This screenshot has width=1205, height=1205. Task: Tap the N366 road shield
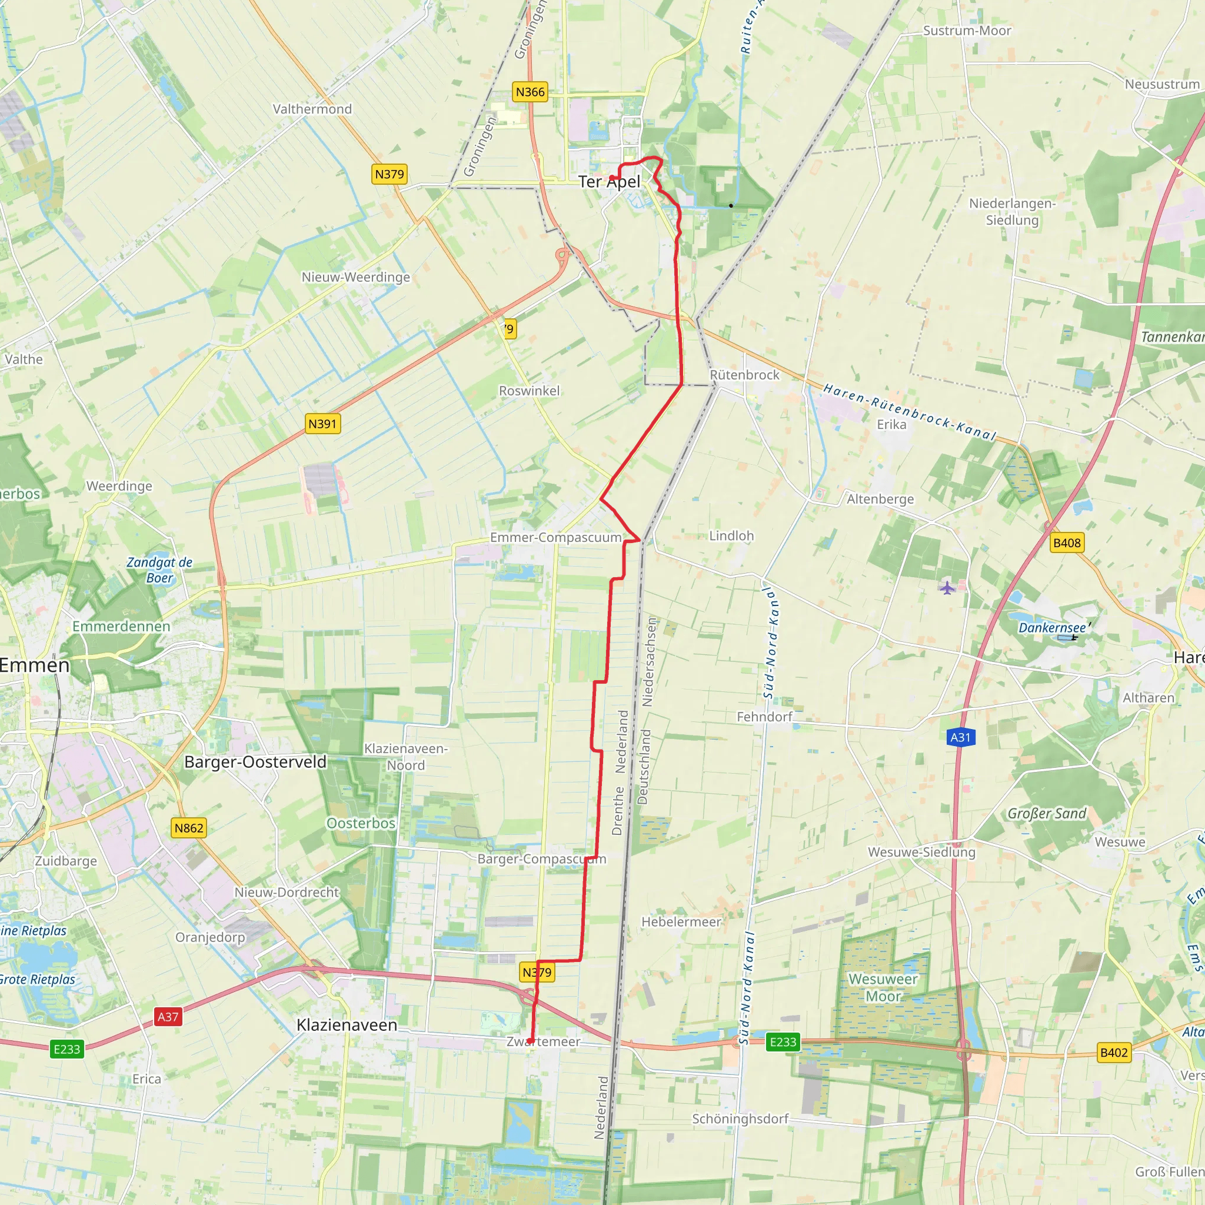click(x=530, y=92)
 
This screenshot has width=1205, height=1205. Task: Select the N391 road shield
click(x=322, y=424)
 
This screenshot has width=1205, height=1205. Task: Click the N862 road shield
click(x=188, y=828)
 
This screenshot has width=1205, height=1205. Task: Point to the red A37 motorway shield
click(x=168, y=1017)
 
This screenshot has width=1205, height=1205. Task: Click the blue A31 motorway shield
click(x=960, y=738)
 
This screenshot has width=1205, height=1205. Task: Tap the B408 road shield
click(x=1067, y=542)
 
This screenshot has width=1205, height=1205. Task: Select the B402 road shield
click(x=1114, y=1053)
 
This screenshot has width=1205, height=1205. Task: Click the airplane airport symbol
click(x=947, y=588)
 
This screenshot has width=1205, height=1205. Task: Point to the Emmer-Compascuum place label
click(x=555, y=538)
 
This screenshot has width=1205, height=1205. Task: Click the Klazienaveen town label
click(x=347, y=1026)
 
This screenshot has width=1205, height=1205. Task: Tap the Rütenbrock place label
click(x=745, y=375)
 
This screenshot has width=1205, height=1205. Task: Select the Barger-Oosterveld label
click(x=255, y=762)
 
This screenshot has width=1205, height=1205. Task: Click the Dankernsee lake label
click(x=1053, y=627)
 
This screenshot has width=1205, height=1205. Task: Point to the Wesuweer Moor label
click(x=883, y=987)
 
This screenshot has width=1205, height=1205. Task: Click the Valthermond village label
click(x=312, y=109)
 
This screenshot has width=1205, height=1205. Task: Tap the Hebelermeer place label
click(x=681, y=922)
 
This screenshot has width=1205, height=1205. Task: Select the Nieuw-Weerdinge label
click(x=355, y=277)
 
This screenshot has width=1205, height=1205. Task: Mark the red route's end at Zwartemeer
click(x=530, y=1041)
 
